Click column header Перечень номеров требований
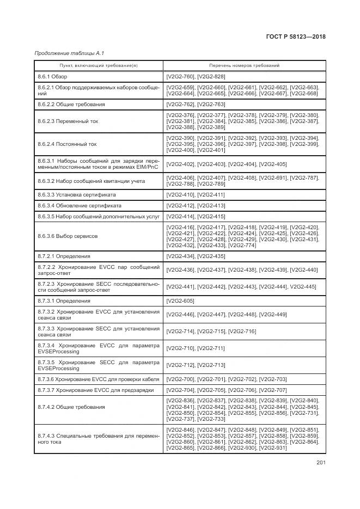pos(245,65)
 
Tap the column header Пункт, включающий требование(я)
pos(99,65)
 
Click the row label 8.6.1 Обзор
pos(52,77)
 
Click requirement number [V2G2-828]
pos(211,77)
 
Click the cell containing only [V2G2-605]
pos(180,301)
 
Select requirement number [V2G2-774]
pos(242,245)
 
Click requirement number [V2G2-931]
pos(273,447)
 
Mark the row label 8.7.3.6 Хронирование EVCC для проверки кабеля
pos(98,379)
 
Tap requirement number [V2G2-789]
pos(211,184)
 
